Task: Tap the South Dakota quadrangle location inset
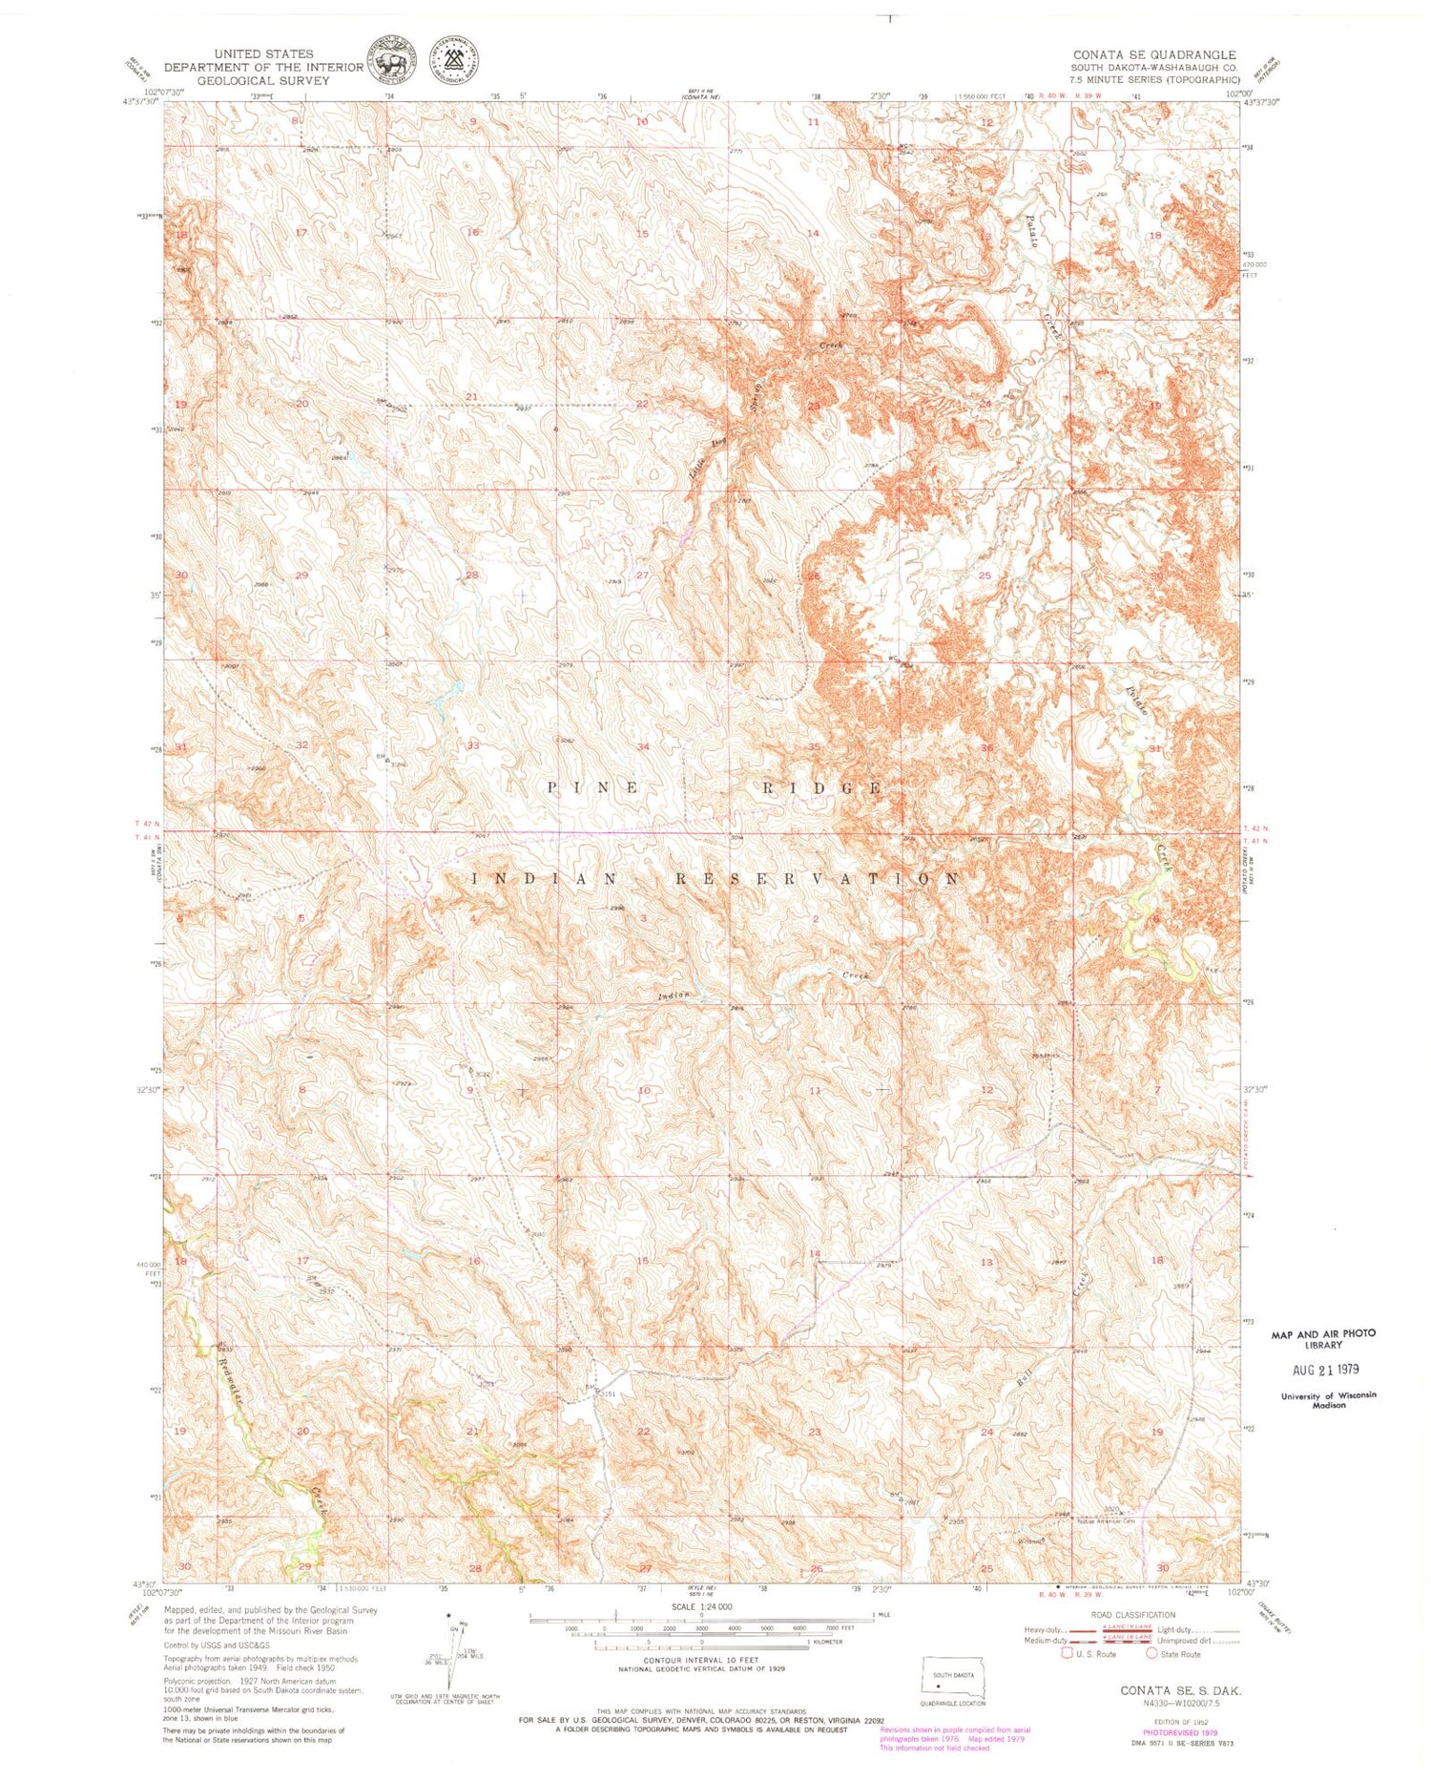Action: pyautogui.click(x=951, y=1686)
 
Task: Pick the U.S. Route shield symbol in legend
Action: pyautogui.click(x=1068, y=1654)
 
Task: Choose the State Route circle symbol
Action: pyautogui.click(x=1151, y=1654)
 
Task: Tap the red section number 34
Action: pyautogui.click(x=645, y=746)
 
